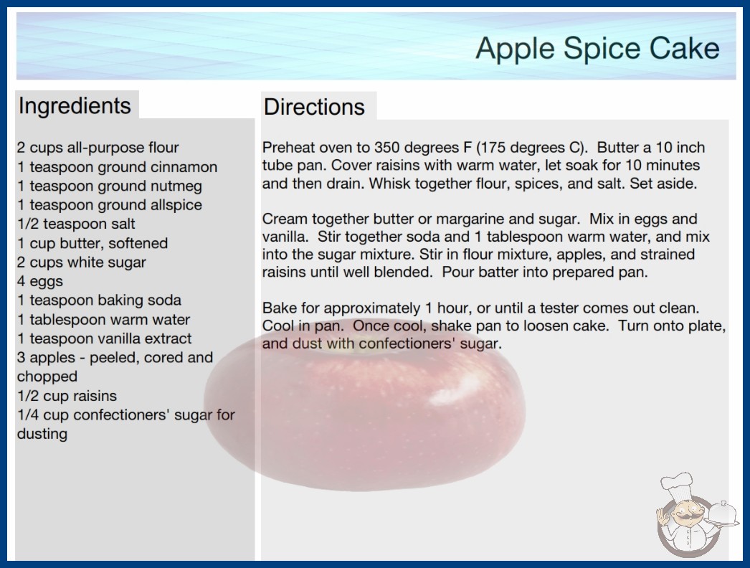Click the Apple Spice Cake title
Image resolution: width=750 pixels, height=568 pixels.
(x=597, y=48)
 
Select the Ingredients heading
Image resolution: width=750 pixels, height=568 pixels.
(x=75, y=105)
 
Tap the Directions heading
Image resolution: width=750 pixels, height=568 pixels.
(x=314, y=107)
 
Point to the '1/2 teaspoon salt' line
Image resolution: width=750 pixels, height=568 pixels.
(x=76, y=224)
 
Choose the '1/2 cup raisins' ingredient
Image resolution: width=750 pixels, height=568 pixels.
(x=67, y=396)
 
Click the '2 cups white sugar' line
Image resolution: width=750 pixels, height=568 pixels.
(x=81, y=262)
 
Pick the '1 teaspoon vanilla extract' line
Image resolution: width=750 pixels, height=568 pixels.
(x=104, y=339)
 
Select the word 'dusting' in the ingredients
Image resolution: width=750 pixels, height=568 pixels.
(x=42, y=434)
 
